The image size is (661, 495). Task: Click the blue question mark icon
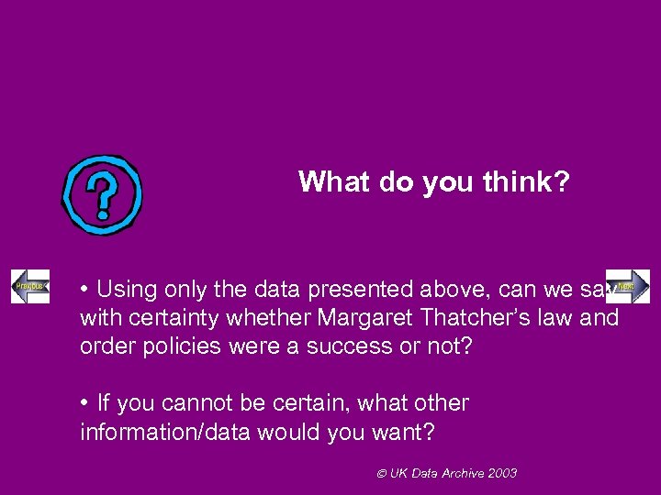(102, 194)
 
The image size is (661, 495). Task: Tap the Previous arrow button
(29, 287)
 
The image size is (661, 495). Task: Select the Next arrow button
(629, 286)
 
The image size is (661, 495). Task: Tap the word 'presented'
(345, 290)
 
